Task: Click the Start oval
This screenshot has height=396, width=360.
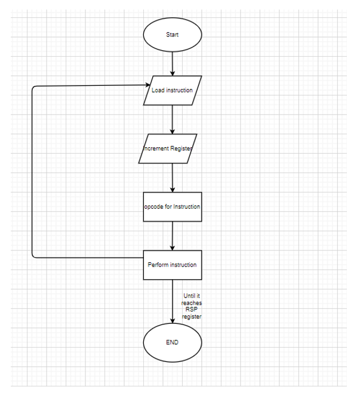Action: (173, 35)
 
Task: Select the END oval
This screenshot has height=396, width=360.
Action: (173, 343)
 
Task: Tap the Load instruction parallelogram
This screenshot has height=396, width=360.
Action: (173, 91)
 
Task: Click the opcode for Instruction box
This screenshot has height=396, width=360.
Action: (173, 206)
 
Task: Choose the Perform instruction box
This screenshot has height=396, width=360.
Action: (173, 265)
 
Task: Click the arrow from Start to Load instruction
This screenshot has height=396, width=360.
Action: (173, 63)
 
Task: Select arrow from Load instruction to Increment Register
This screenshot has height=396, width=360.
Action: (173, 119)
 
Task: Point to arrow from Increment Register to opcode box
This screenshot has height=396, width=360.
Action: (173, 177)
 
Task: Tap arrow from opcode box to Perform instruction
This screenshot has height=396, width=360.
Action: (173, 236)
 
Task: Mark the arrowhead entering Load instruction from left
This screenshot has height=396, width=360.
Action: (147, 86)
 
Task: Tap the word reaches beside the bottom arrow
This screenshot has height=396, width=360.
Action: (192, 303)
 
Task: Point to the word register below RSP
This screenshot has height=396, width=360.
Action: (192, 317)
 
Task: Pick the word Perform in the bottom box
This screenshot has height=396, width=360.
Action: (158, 265)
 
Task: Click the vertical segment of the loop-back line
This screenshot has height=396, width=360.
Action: (32, 173)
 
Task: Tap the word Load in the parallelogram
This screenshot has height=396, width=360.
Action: (157, 91)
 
